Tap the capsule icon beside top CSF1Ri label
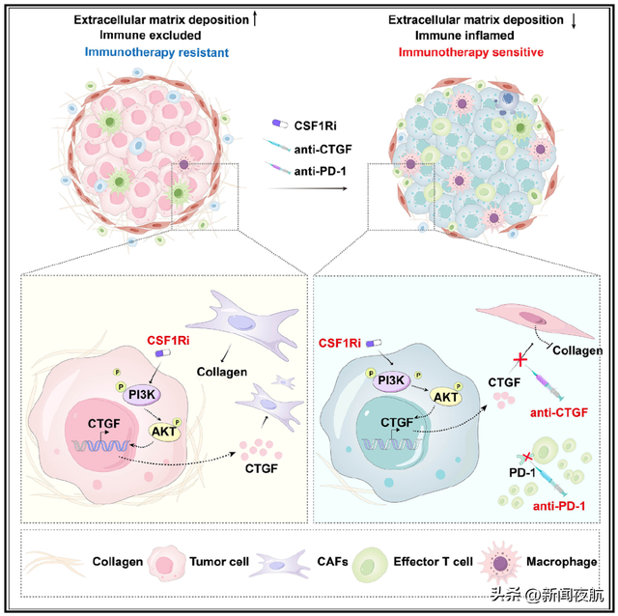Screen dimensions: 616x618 (x=279, y=125)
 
